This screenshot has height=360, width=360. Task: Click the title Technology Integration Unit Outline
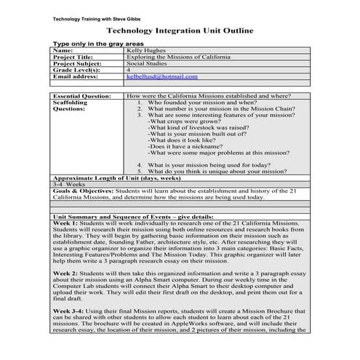coord(179,31)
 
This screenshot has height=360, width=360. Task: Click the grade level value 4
coord(129,69)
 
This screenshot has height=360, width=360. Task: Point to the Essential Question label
coord(82,95)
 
